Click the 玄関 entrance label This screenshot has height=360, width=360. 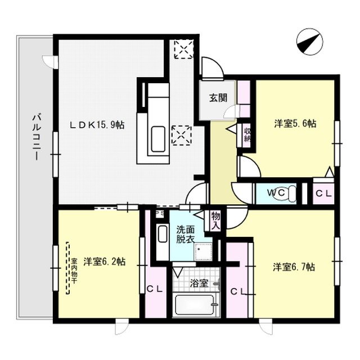tap(218, 97)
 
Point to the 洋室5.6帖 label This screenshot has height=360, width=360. tap(295, 124)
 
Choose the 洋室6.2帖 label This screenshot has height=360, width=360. tap(105, 262)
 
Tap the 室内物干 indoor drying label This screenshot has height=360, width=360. tap(74, 268)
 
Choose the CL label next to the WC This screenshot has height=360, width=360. tap(323, 193)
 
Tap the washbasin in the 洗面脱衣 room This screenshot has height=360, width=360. tap(163, 234)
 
